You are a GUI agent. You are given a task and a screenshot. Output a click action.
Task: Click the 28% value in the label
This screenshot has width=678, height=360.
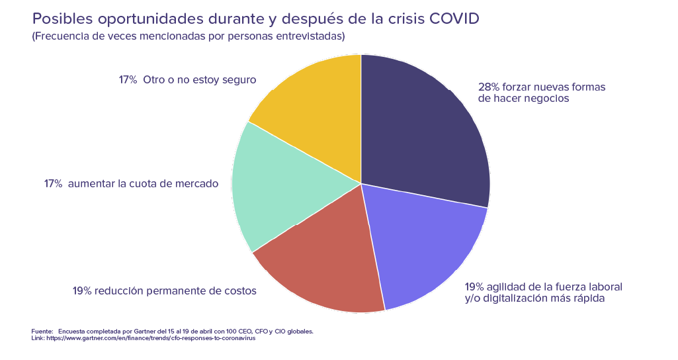click(x=489, y=87)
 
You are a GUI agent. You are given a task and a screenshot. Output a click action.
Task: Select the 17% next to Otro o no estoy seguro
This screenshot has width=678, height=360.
click(x=128, y=80)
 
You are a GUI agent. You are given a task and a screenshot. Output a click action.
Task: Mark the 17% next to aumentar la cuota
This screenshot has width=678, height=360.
click(x=53, y=184)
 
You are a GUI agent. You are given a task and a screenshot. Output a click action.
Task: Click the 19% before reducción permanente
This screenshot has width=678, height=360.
click(x=82, y=291)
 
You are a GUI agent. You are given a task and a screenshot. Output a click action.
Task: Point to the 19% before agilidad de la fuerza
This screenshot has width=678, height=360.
click(x=474, y=287)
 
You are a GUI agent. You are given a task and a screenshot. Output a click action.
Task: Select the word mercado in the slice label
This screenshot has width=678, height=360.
click(x=198, y=184)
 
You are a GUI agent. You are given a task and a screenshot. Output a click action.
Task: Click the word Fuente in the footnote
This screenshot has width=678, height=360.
click(x=41, y=331)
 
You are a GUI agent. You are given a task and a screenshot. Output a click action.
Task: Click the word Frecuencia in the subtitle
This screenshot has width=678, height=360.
click(x=61, y=36)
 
